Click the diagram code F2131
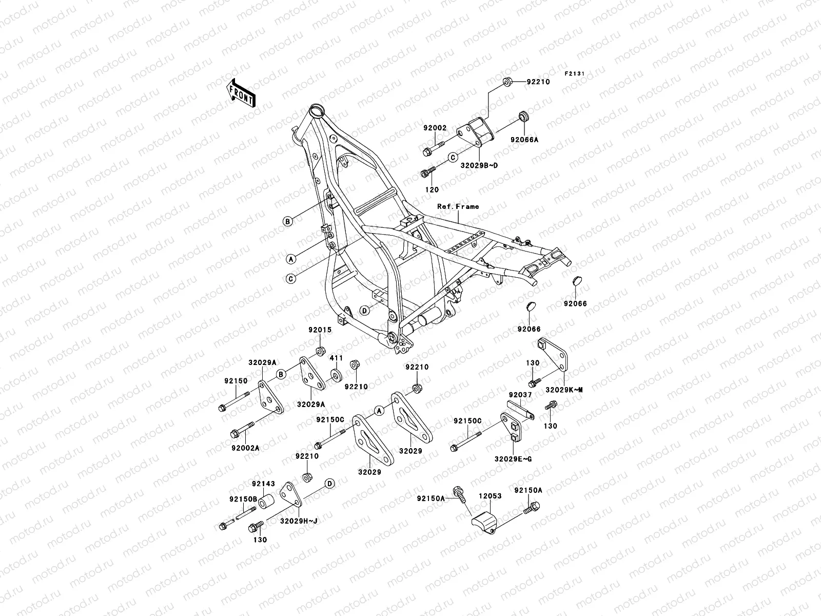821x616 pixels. [575, 74]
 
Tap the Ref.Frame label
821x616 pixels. [458, 206]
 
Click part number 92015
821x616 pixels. [320, 331]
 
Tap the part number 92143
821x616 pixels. [263, 484]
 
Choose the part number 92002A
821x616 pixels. [245, 448]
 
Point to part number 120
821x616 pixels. [432, 189]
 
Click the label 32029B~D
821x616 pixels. [479, 165]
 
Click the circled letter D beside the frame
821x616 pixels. [364, 311]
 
